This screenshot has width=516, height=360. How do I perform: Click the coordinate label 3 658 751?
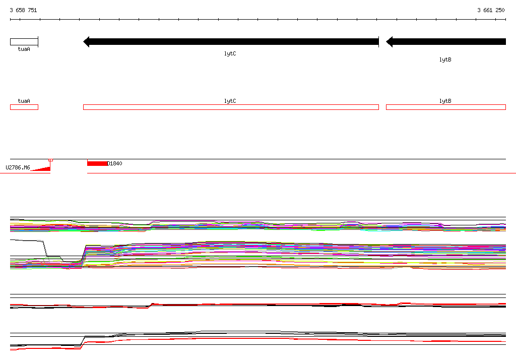[x=23, y=10]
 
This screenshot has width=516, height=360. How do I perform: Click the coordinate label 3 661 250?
[x=491, y=10]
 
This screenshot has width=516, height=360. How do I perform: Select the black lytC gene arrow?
[x=231, y=42]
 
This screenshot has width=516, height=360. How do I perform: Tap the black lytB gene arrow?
[x=446, y=42]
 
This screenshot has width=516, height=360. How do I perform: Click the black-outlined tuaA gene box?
[x=24, y=42]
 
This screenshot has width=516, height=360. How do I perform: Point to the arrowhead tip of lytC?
[x=84, y=42]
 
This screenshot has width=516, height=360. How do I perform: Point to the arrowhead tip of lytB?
[x=386, y=42]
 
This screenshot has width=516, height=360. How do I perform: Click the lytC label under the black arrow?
[x=230, y=53]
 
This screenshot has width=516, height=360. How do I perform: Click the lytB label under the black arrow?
[x=445, y=59]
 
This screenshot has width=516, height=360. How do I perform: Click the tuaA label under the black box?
[x=24, y=49]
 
